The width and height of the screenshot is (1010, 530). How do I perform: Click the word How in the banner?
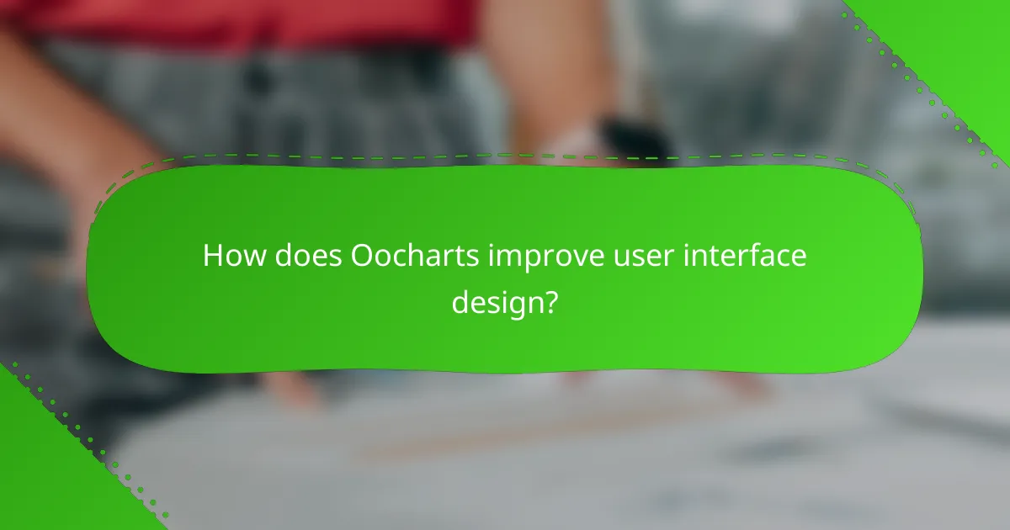(228, 256)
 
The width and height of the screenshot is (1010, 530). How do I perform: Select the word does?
(301, 256)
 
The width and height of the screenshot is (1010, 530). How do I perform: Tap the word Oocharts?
(417, 256)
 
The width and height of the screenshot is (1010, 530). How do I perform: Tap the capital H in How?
(212, 256)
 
